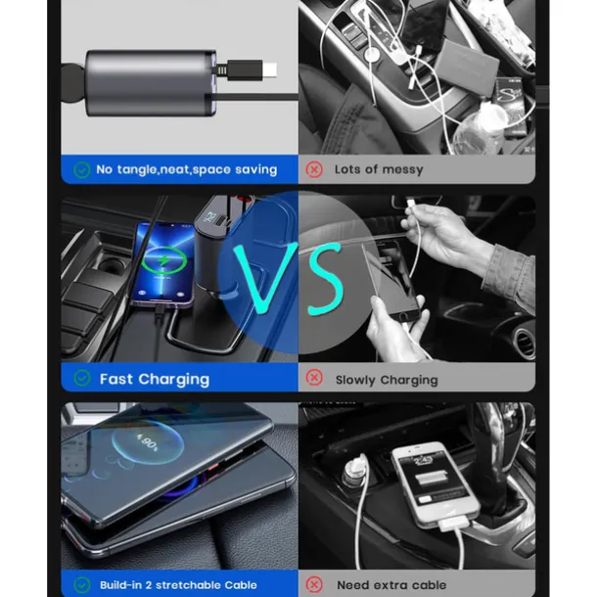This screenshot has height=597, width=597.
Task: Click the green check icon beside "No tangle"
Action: tap(81, 169)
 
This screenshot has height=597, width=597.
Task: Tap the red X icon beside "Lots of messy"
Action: tap(314, 169)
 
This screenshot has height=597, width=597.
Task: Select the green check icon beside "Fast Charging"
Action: tap(81, 378)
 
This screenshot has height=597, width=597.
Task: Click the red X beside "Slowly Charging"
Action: tap(314, 378)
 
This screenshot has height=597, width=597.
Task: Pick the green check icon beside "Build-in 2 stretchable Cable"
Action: tap(81, 584)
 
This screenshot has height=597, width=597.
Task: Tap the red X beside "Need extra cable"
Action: tap(314, 584)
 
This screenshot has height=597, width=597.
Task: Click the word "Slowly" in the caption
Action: tap(359, 380)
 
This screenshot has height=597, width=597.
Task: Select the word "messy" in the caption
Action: tap(398, 170)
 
